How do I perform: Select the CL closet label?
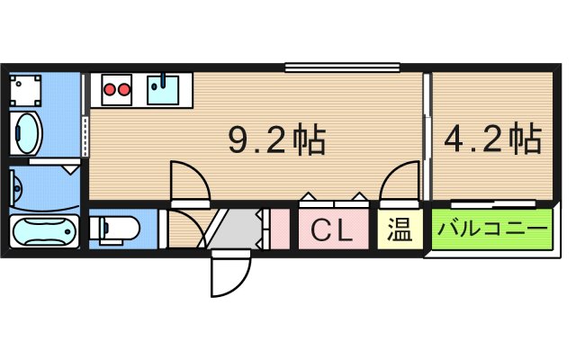[x=331, y=231]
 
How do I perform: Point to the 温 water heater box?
[x=400, y=229]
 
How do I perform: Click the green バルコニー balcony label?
[x=491, y=229]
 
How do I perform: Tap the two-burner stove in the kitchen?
[x=117, y=88]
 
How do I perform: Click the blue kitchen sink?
[x=164, y=89]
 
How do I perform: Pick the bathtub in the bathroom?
[x=43, y=231]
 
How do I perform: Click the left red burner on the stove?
[x=111, y=88]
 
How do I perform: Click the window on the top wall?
[x=342, y=67]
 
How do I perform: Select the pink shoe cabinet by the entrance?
[x=280, y=229]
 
